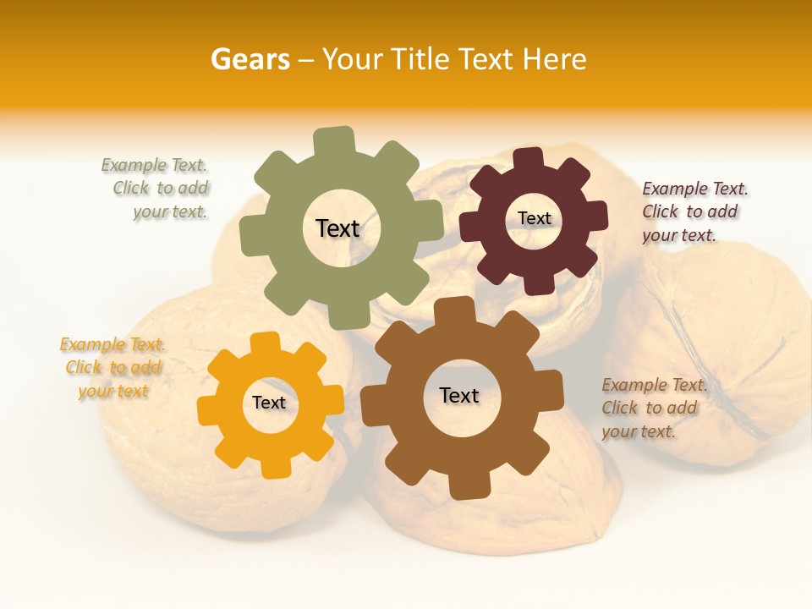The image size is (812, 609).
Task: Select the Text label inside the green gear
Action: click(x=337, y=228)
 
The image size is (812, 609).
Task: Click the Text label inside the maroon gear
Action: click(x=534, y=218)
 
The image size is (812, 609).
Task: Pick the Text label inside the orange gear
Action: click(x=269, y=403)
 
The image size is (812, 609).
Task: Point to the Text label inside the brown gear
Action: click(x=459, y=395)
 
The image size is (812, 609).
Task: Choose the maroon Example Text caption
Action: click(x=693, y=211)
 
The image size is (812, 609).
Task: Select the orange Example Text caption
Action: click(x=113, y=368)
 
